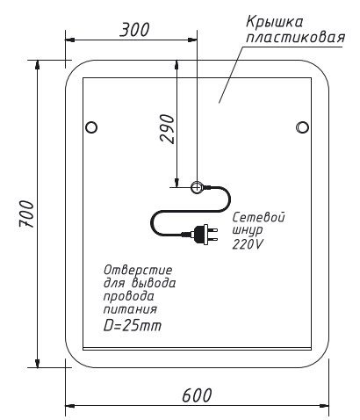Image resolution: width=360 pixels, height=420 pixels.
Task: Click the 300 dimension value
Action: pos(135,30)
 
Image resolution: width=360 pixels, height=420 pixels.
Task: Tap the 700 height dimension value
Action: pos(26,214)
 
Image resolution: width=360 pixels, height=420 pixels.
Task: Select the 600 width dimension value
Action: pos(197,395)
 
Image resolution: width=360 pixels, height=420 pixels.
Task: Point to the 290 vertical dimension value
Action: pos(168,129)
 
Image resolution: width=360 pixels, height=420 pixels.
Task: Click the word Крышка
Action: pos(275,23)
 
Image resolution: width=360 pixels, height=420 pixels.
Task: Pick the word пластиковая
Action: pos(296,38)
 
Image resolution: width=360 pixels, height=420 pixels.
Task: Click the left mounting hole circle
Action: pos(91,127)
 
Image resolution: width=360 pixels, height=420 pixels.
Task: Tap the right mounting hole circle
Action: pos(302,127)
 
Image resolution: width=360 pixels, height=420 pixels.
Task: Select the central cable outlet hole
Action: pos(197,187)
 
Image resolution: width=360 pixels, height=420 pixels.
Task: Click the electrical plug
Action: pos(205,235)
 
